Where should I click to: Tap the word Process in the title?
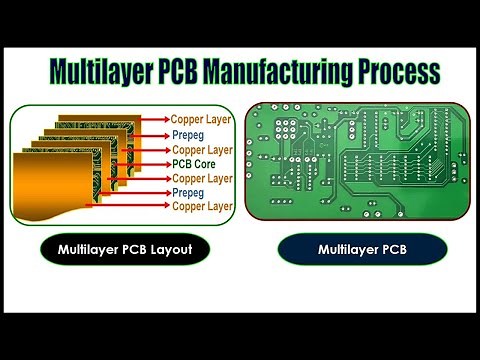(x=398, y=73)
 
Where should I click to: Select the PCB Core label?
(x=197, y=163)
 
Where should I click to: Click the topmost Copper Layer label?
(x=202, y=119)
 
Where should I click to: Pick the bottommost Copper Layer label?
(x=202, y=206)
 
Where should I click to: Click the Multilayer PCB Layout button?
(x=125, y=248)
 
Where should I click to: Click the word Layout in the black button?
(x=171, y=248)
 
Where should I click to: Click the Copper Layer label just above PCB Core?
(x=202, y=148)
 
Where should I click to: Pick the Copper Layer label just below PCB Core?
(x=202, y=178)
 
